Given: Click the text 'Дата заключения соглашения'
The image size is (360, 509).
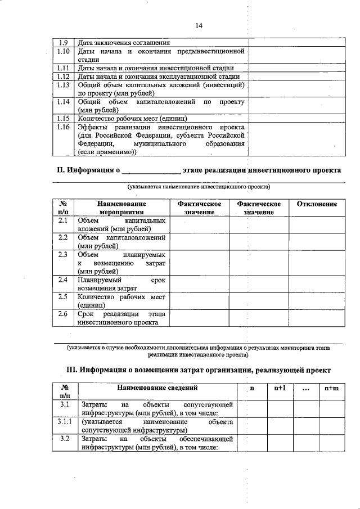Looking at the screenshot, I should pos(124,43).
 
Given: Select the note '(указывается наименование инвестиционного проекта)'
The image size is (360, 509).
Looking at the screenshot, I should pos(198,186).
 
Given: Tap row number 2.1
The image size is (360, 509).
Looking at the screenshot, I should pos(64,220).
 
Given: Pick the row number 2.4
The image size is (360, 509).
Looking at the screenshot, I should pos(64,280).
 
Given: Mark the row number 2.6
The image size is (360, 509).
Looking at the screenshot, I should pos(64,313).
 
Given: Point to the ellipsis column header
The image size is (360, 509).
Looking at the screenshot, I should pos(304,389).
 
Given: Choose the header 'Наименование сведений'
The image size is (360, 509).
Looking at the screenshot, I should pos(157,388).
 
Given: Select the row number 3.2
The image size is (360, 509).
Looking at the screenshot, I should pos(64,438).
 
